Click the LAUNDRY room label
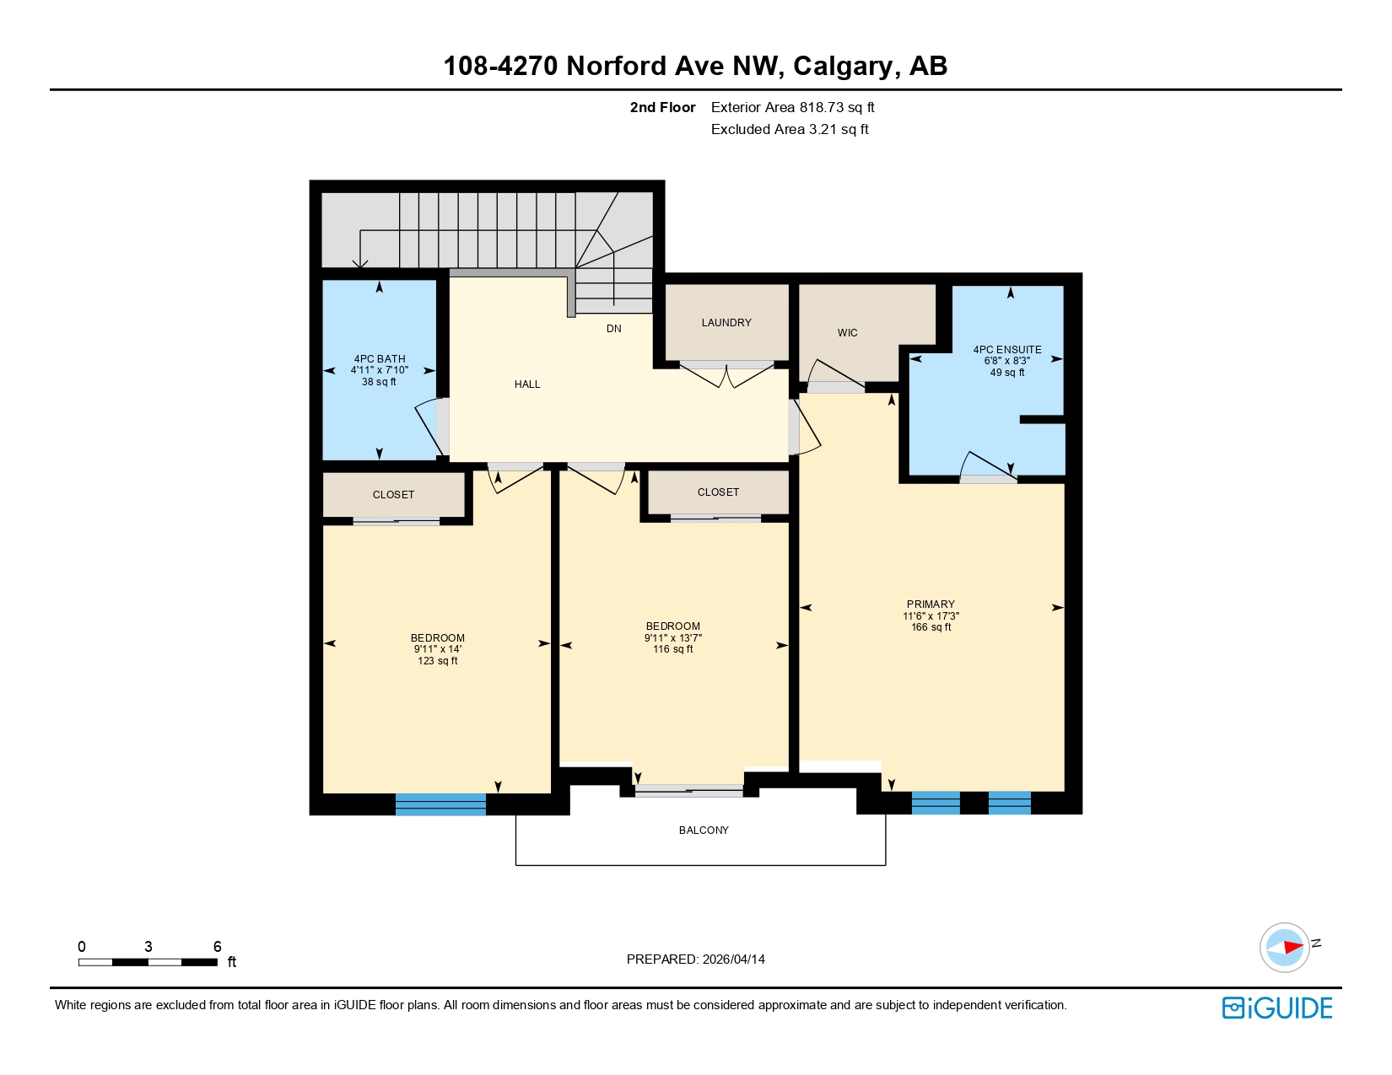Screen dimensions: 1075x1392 tap(726, 323)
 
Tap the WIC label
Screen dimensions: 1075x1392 tap(847, 333)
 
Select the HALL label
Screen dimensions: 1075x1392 tap(527, 384)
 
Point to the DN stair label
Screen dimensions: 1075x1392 tap(613, 329)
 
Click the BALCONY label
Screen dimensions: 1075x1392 tap(704, 830)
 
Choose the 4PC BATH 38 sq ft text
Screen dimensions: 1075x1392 tap(379, 382)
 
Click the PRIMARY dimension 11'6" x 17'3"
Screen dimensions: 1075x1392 tap(931, 616)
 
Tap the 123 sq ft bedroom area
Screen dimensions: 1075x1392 tap(437, 661)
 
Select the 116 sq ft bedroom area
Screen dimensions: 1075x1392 tap(672, 649)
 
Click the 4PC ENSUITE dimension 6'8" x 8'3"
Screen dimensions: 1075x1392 tap(1006, 361)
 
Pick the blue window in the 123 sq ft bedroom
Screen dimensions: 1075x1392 tap(440, 804)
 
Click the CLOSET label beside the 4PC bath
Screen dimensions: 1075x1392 tap(393, 495)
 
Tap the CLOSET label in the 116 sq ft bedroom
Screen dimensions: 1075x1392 tap(718, 492)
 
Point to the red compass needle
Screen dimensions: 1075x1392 tap(1292, 948)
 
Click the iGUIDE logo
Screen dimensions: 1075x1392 tap(1277, 1008)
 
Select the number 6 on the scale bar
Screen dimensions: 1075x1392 tap(217, 946)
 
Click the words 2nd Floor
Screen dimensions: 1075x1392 tap(662, 108)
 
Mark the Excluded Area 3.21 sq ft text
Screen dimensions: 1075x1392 tap(790, 130)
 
